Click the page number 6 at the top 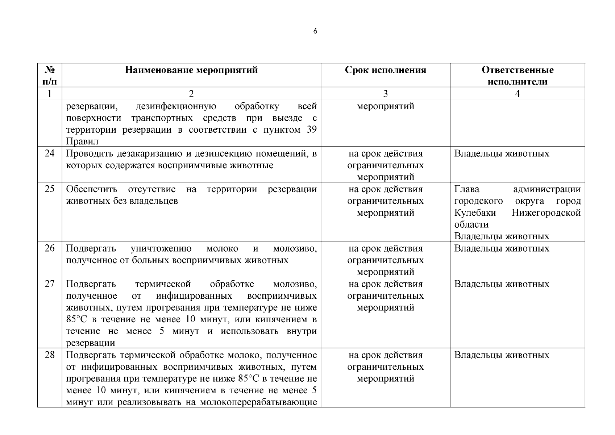coord(315,32)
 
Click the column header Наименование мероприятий coord(191,70)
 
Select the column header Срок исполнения coord(385,70)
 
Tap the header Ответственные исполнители coord(517,75)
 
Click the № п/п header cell coord(50,75)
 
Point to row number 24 coord(50,153)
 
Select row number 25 coord(50,189)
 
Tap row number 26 coord(50,248)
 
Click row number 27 coord(50,284)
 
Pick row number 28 coord(50,355)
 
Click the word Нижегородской coord(546,213)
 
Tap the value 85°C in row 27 coord(77,319)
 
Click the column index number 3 coord(385,94)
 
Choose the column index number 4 coord(517,94)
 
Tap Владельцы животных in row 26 coord(502,248)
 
